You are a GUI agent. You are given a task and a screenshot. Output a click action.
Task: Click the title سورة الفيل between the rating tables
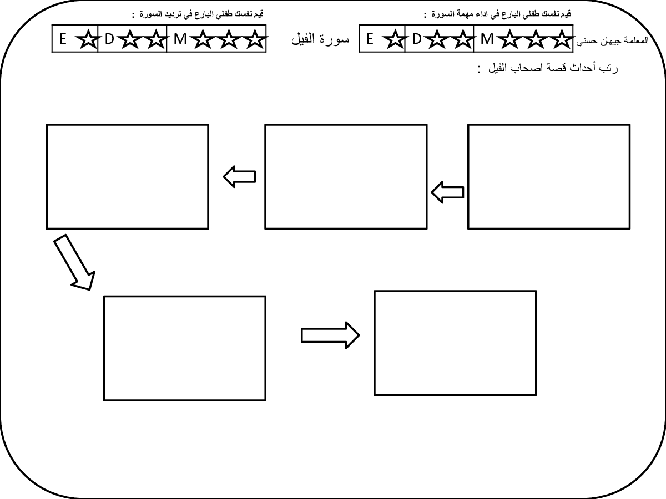tap(320, 39)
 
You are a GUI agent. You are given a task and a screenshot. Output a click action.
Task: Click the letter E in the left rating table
tap(63, 39)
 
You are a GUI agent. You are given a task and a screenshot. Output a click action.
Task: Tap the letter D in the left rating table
tap(109, 39)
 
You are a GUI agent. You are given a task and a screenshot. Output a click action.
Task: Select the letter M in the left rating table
tap(180, 39)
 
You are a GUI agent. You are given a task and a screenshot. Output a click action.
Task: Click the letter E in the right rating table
tap(370, 39)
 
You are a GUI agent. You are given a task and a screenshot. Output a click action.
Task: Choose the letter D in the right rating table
tap(417, 39)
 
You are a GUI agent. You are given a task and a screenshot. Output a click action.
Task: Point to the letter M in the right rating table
tap(487, 39)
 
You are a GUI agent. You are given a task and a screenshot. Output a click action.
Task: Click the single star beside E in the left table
tap(88, 39)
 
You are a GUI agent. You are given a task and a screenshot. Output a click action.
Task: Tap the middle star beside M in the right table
tap(536, 39)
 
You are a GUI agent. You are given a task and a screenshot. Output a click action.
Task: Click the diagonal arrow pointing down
tap(74, 262)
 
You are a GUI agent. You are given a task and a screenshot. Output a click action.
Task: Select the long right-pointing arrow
tap(330, 335)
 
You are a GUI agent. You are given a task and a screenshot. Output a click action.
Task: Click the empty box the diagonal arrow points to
tap(185, 348)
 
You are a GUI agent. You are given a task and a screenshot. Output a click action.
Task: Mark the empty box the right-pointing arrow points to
tap(456, 343)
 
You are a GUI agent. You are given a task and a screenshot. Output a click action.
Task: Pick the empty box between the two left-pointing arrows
tap(346, 177)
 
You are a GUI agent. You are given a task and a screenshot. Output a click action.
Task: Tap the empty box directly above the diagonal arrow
tap(128, 177)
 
